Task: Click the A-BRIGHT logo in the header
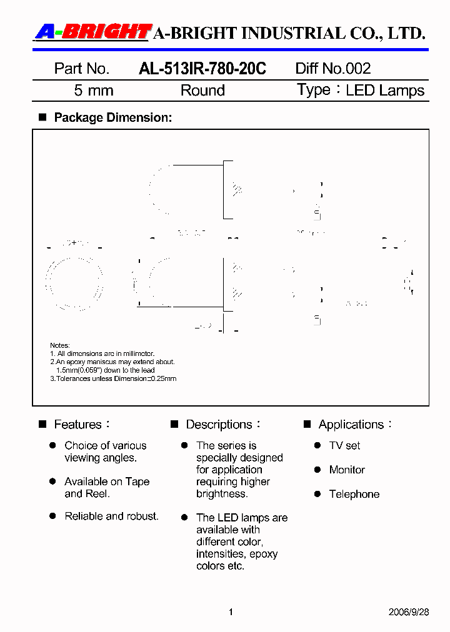(92, 32)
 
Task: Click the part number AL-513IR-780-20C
(202, 69)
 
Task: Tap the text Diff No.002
(333, 69)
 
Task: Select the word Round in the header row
(202, 91)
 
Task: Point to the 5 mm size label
(94, 91)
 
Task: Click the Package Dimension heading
(112, 117)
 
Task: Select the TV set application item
(344, 446)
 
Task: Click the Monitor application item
(347, 470)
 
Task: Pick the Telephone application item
(354, 494)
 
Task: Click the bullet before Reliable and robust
(53, 516)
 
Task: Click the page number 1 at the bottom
(231, 612)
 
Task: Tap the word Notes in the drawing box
(60, 345)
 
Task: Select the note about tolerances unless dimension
(113, 378)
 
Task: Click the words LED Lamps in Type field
(385, 91)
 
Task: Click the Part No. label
(82, 69)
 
